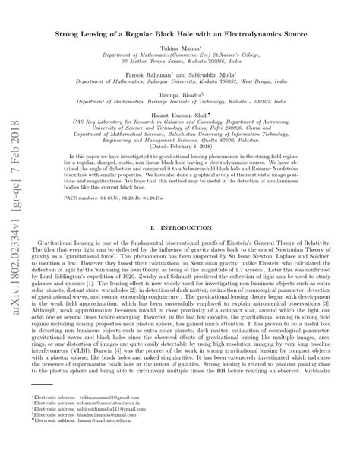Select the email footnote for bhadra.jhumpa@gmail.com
85,437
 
